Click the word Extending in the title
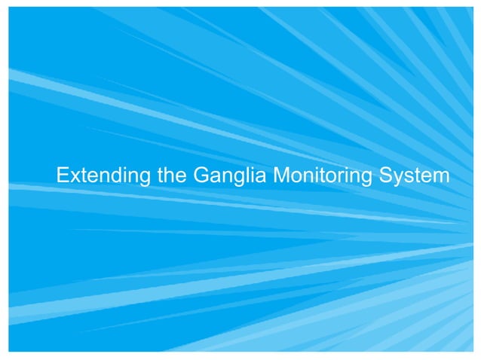104,177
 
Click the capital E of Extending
63,176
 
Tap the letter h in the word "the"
171,176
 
